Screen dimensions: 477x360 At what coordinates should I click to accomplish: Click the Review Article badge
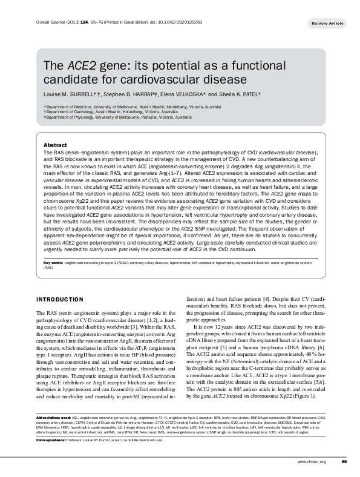327,22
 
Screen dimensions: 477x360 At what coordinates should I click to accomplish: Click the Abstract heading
55,146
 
